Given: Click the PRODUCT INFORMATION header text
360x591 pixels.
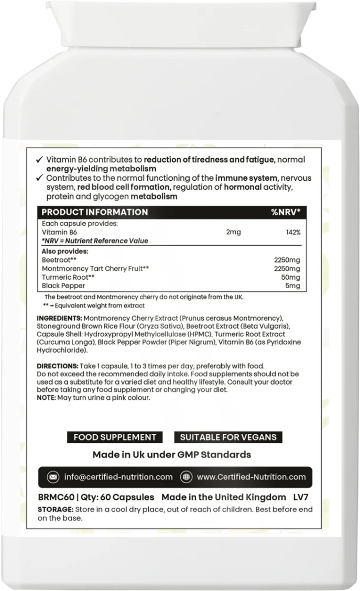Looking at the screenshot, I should (94, 212).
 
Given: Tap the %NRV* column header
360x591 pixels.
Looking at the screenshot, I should (285, 212).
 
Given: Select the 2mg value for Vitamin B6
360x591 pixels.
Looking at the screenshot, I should (233, 232).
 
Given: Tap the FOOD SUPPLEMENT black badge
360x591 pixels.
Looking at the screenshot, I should (114, 437).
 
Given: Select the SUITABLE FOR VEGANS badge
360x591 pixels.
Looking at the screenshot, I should (228, 437).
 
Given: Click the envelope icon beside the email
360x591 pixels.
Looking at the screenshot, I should (53, 477).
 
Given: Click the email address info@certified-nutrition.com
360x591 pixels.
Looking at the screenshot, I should (118, 477).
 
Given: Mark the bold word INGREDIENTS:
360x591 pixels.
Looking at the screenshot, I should (59, 319).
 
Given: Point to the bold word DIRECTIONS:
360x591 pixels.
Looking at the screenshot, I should (58, 365).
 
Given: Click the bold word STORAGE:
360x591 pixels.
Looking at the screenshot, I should (56, 509).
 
